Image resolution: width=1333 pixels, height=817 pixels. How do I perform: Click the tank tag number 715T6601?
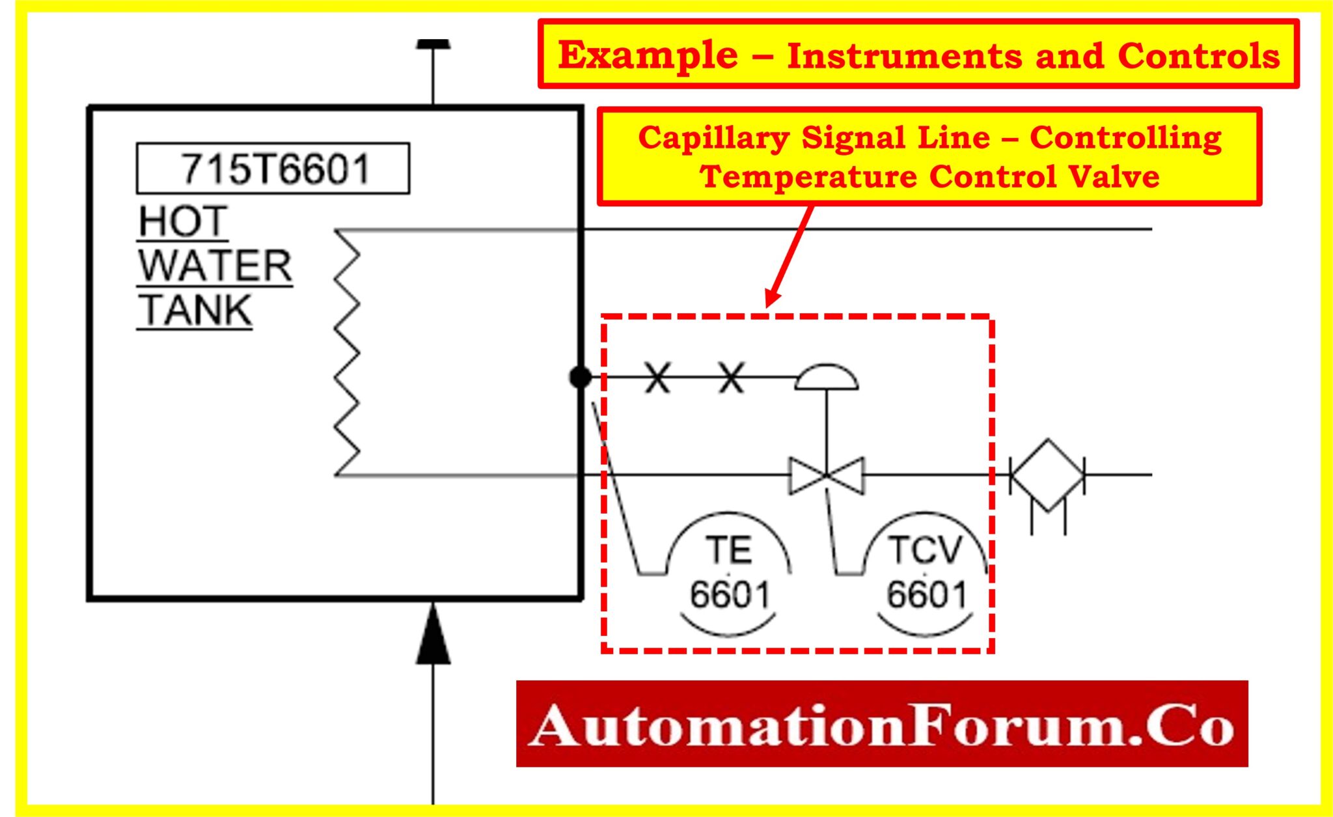273,169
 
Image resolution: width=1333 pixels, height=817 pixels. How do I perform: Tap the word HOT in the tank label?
183,221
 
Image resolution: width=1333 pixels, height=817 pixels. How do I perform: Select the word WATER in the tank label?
215,266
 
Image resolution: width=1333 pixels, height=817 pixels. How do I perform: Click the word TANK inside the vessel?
195,310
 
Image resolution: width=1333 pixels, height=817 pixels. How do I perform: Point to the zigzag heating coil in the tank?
346,352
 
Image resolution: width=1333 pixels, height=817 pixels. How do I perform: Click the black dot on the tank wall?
580,376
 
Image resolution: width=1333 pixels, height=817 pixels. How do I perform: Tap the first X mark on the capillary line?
657,377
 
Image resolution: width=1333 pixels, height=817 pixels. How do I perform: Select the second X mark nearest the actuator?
731,377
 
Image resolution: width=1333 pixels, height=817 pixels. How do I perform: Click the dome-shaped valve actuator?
827,378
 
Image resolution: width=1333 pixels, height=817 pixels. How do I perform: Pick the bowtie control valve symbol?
827,475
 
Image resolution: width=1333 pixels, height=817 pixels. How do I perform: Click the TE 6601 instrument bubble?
729,573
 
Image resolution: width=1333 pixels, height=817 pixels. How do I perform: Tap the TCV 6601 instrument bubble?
926,573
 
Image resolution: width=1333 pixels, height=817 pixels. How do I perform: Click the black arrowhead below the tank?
433,635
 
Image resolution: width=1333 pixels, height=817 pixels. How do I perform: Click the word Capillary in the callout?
713,137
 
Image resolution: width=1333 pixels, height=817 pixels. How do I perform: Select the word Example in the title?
648,55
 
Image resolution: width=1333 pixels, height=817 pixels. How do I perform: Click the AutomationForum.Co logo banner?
881,723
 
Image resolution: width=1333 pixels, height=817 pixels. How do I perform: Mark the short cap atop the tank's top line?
433,44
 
